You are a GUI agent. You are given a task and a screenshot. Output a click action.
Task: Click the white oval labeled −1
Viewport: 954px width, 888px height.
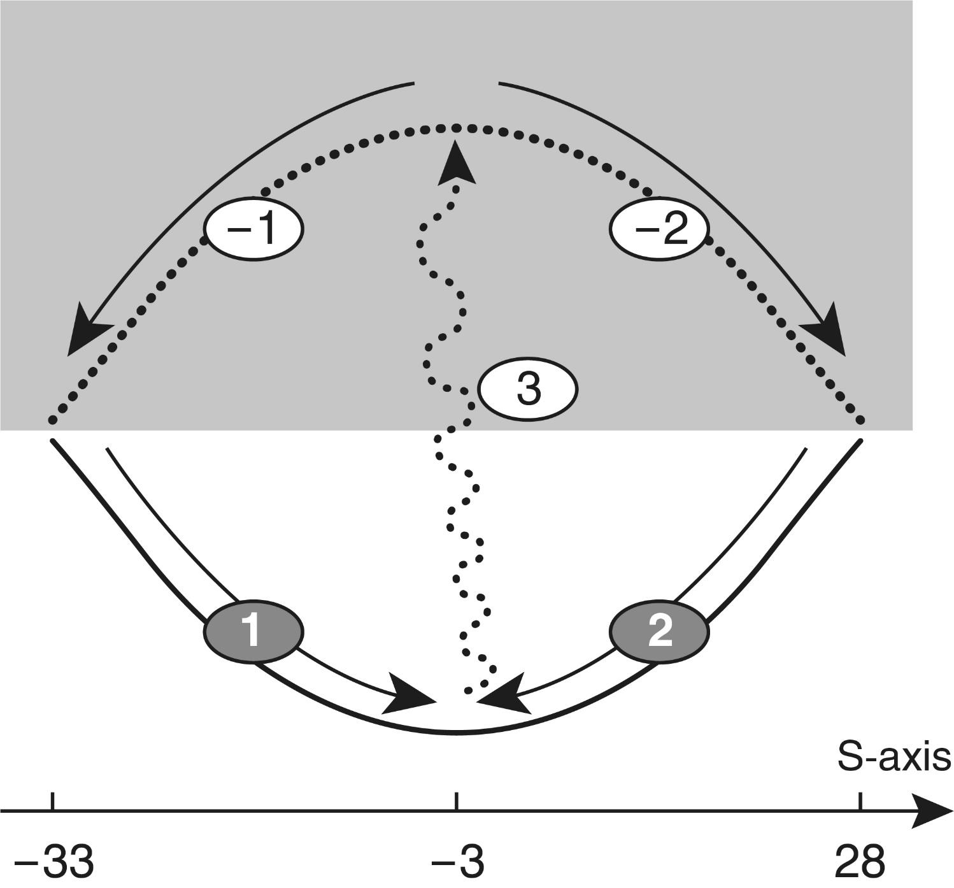(253, 228)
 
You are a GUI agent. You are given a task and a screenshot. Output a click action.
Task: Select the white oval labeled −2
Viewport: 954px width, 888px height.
(659, 228)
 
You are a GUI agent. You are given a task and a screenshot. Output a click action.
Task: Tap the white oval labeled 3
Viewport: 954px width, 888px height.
(528, 389)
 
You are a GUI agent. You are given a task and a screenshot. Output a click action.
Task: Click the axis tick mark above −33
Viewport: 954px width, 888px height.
(53, 801)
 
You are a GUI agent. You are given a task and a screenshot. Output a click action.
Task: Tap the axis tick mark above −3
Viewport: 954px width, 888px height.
(456, 801)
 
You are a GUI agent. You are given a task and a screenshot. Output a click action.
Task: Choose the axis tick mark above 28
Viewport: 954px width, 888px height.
(860, 801)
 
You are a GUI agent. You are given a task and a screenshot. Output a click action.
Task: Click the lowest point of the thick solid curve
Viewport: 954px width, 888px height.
(456, 734)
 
